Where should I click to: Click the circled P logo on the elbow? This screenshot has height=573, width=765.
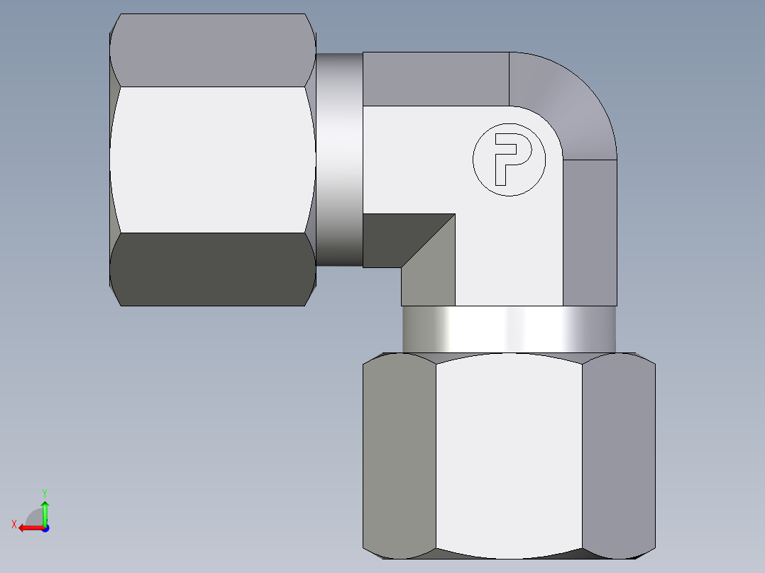pyautogui.click(x=509, y=159)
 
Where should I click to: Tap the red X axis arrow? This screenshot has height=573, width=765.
pyautogui.click(x=29, y=528)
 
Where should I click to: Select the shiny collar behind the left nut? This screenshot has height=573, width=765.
pyautogui.click(x=339, y=160)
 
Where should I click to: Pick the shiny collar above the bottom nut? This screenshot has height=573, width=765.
pyautogui.click(x=508, y=329)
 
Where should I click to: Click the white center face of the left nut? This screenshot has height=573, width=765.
pyautogui.click(x=213, y=160)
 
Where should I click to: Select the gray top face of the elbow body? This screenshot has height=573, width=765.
pyautogui.click(x=436, y=79)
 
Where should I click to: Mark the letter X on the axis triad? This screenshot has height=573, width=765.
pyautogui.click(x=14, y=524)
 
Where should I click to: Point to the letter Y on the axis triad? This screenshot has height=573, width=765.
pyautogui.click(x=44, y=492)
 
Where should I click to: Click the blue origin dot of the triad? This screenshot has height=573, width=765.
pyautogui.click(x=45, y=528)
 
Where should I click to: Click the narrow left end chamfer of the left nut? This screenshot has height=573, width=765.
pyautogui.click(x=114, y=160)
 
